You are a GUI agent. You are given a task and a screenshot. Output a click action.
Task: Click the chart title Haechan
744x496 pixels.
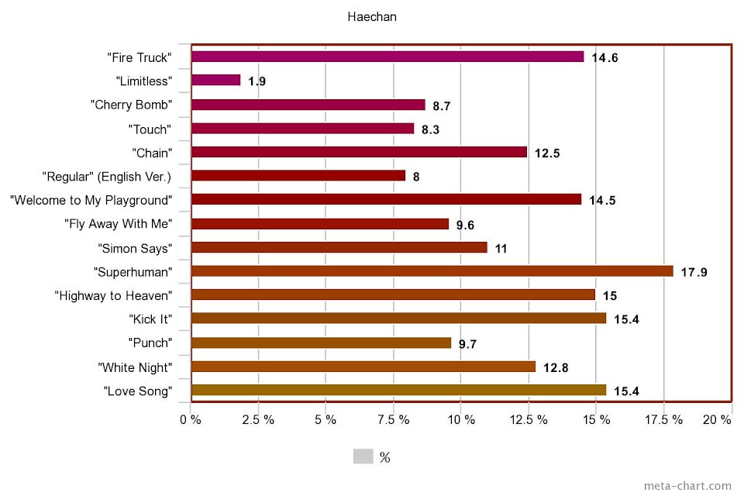coord(372,16)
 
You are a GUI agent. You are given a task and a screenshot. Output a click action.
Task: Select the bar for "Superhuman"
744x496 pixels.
coord(432,271)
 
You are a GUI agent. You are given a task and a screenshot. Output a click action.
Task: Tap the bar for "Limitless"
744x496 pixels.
coord(215,80)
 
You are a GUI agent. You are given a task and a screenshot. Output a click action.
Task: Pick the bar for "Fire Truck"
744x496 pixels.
coord(387,57)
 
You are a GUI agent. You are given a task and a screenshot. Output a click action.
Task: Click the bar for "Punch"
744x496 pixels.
coord(321,343)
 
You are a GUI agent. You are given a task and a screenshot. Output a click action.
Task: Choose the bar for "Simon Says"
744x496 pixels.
coord(339,247)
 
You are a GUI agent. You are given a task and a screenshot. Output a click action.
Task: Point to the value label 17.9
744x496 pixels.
coord(694,272)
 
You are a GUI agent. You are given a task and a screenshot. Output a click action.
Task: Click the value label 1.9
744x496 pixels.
coord(257,81)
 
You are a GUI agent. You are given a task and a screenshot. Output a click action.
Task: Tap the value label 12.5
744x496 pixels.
coord(547,153)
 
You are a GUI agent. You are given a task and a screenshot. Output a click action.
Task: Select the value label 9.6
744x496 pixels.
coord(465,225)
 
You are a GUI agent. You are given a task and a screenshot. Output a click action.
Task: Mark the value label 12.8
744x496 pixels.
coord(556,367)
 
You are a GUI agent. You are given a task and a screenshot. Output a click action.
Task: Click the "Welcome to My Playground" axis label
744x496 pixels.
coord(90,200)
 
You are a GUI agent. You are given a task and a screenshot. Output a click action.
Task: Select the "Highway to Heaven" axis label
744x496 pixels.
coord(113,295)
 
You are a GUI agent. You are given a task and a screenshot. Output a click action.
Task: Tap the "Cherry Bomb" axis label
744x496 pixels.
coord(130,105)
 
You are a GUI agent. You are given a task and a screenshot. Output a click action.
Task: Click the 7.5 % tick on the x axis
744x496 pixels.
coord(393,419)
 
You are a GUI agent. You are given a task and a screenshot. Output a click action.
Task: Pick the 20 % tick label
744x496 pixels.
coord(716,419)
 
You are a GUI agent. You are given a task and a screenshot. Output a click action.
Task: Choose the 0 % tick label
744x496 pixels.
coord(191,419)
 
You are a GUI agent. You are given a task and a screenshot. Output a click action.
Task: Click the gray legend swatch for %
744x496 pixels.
coord(363,456)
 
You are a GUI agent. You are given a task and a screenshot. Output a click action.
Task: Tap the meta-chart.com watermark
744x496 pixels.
coord(687,486)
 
